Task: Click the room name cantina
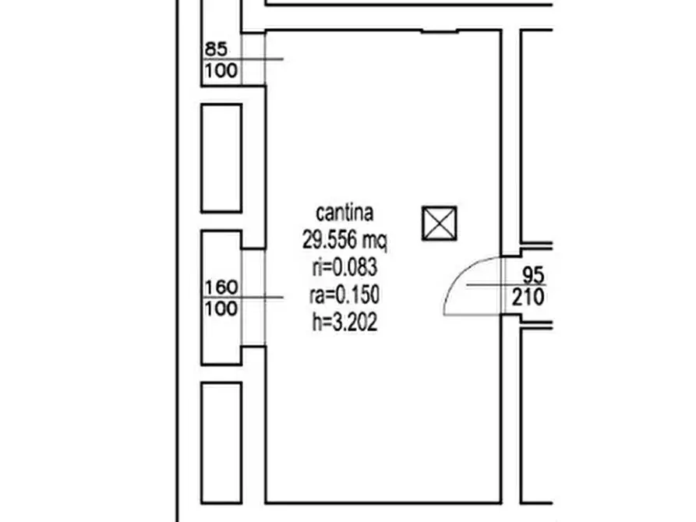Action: [344, 213]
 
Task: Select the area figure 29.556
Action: [330, 240]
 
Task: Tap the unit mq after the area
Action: [375, 242]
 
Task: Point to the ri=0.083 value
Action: [345, 268]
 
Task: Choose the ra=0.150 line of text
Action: [344, 295]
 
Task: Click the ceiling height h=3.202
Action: [345, 322]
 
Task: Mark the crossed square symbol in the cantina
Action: [439, 224]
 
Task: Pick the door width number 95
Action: [533, 275]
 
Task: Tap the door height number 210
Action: [528, 297]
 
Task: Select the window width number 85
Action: [216, 49]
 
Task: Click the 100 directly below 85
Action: [221, 70]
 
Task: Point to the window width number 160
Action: [221, 287]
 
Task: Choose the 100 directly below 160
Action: [221, 309]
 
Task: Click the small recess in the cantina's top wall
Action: [439, 31]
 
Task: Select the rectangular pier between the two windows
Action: [221, 158]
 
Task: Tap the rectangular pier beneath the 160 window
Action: [221, 443]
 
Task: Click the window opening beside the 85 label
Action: [253, 58]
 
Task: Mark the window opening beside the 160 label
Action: [253, 297]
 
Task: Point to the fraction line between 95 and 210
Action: [506, 285]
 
